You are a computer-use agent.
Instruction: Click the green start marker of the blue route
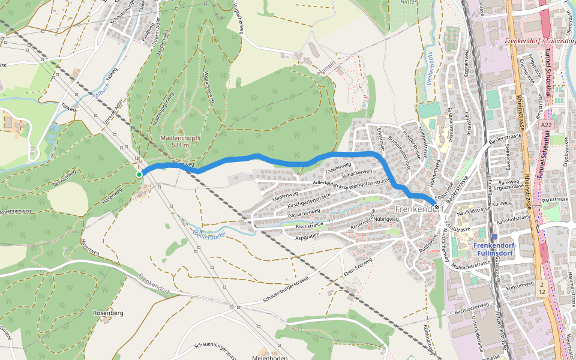click(x=139, y=175)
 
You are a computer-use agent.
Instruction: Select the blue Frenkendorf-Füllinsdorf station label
click(x=495, y=249)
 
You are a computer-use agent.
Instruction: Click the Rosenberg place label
click(x=108, y=313)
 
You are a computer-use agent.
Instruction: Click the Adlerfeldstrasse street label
click(x=332, y=182)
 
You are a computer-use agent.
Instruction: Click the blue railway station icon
click(x=494, y=237)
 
